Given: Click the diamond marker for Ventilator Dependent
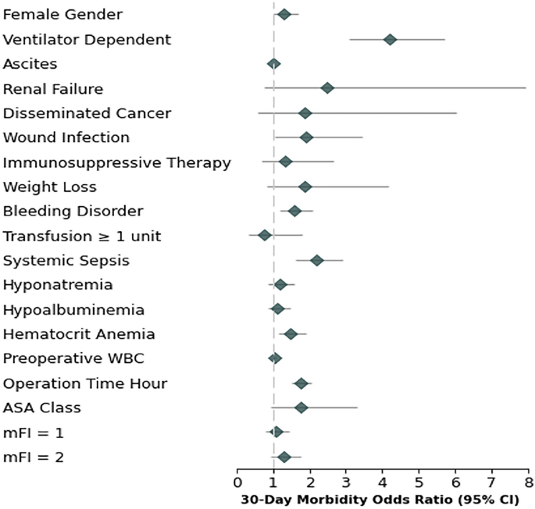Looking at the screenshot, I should [390, 39].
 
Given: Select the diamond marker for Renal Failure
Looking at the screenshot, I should [327, 88].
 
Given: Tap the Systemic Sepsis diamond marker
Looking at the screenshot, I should [316, 260].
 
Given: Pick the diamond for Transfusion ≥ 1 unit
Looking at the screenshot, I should [265, 235].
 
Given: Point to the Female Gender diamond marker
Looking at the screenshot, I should [284, 14].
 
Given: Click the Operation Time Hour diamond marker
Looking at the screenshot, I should [301, 383].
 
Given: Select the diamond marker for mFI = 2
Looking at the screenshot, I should [284, 457].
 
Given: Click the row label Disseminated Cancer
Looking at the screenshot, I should [87, 113].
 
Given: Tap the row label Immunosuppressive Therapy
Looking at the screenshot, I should [117, 162].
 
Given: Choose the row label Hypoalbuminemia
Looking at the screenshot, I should [73, 309].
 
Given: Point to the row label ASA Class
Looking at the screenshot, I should [42, 408].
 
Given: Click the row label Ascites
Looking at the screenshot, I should [30, 64].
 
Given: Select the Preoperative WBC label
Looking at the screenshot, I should [73, 358].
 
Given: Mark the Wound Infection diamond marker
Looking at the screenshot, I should [306, 137].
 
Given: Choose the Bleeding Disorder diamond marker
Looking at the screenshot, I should [294, 211].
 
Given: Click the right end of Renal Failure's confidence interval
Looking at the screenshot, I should [526, 88].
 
